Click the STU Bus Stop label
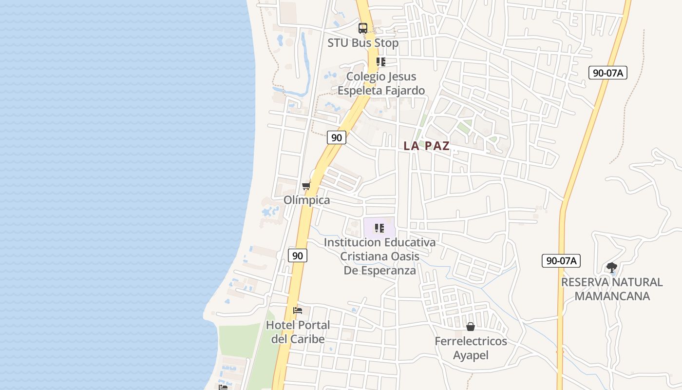[x=363, y=43]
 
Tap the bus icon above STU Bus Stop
[x=363, y=28]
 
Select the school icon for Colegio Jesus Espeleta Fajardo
[x=381, y=62]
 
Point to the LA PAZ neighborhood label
[x=427, y=146]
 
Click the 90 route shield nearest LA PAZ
[x=337, y=137]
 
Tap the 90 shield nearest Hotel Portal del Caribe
[x=298, y=255]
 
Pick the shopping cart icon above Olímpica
[x=306, y=186]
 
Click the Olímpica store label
[x=307, y=200]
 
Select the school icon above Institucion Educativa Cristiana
[x=380, y=228]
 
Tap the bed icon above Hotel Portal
[x=298, y=311]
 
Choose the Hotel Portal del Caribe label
[x=298, y=332]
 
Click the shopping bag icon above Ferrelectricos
[x=471, y=327]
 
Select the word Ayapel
[x=471, y=355]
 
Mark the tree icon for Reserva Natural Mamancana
[x=612, y=267]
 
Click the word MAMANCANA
[x=612, y=296]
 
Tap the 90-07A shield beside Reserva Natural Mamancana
[x=561, y=260]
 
